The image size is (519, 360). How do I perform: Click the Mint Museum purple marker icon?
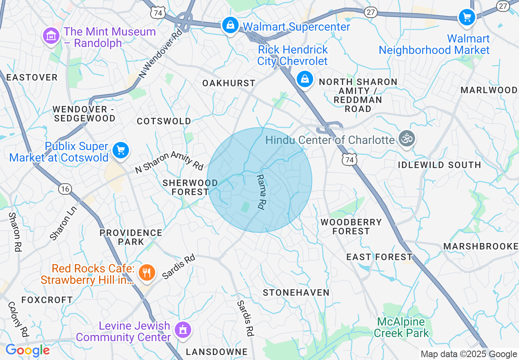(51, 37)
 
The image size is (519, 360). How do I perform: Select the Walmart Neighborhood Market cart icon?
(466, 18)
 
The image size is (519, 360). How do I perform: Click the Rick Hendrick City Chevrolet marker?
(305, 79)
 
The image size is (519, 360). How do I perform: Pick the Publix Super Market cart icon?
(120, 151)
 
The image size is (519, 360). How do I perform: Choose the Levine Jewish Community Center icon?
(182, 330)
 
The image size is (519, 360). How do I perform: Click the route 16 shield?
(65, 188)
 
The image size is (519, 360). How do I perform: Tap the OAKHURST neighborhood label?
(229, 83)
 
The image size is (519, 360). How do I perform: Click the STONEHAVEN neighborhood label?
(296, 292)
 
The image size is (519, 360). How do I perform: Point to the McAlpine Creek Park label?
(401, 327)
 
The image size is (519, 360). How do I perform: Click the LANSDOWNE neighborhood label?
(217, 352)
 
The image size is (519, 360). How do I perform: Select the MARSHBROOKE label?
(481, 246)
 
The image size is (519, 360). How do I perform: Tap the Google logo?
(27, 351)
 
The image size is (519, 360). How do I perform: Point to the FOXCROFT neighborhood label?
(47, 300)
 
